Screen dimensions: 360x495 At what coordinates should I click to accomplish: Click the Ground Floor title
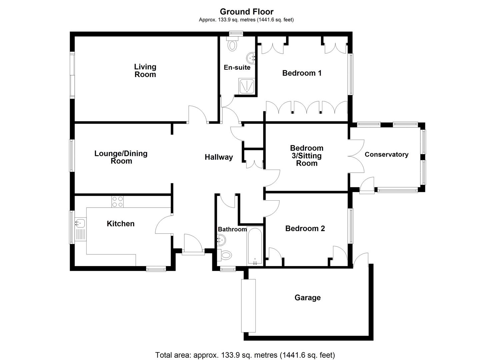click(247, 12)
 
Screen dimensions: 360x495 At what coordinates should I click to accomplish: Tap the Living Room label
click(145, 71)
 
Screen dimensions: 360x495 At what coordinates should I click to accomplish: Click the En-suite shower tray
click(247, 86)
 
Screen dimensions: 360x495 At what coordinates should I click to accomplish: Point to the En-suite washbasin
click(251, 57)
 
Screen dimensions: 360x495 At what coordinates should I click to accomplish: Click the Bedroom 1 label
click(302, 73)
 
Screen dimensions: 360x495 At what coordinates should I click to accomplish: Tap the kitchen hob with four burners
click(117, 201)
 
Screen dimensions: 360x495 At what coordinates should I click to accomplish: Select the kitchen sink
click(80, 223)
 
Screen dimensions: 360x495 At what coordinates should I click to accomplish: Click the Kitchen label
click(120, 224)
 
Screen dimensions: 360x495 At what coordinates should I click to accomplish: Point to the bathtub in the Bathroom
click(255, 246)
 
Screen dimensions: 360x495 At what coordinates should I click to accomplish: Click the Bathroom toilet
click(225, 255)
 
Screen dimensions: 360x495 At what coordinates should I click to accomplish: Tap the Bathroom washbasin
click(221, 239)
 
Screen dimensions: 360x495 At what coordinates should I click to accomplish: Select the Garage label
click(307, 298)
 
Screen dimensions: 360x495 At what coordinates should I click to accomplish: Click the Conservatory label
click(386, 154)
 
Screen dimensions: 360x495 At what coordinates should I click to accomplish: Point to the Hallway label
click(219, 157)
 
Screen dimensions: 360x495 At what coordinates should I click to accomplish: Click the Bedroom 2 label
click(305, 228)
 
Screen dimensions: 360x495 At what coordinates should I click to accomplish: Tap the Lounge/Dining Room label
click(121, 157)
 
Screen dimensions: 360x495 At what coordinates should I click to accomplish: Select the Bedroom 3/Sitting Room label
click(307, 156)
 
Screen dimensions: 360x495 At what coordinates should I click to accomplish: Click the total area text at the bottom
click(245, 355)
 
